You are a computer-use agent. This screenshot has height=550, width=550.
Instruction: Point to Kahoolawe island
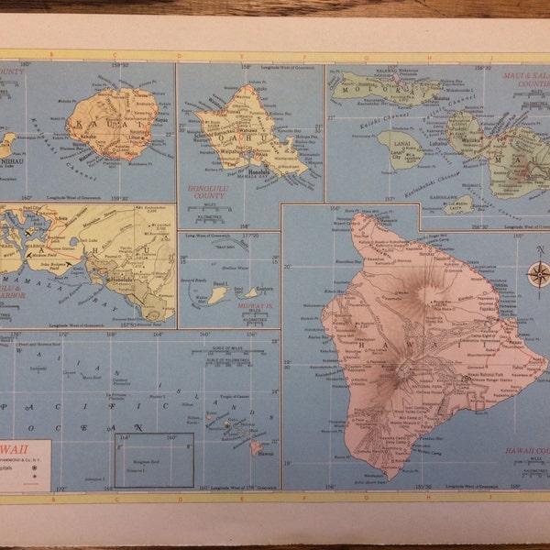[459, 203]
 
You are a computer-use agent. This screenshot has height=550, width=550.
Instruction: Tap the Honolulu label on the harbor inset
[123, 278]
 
